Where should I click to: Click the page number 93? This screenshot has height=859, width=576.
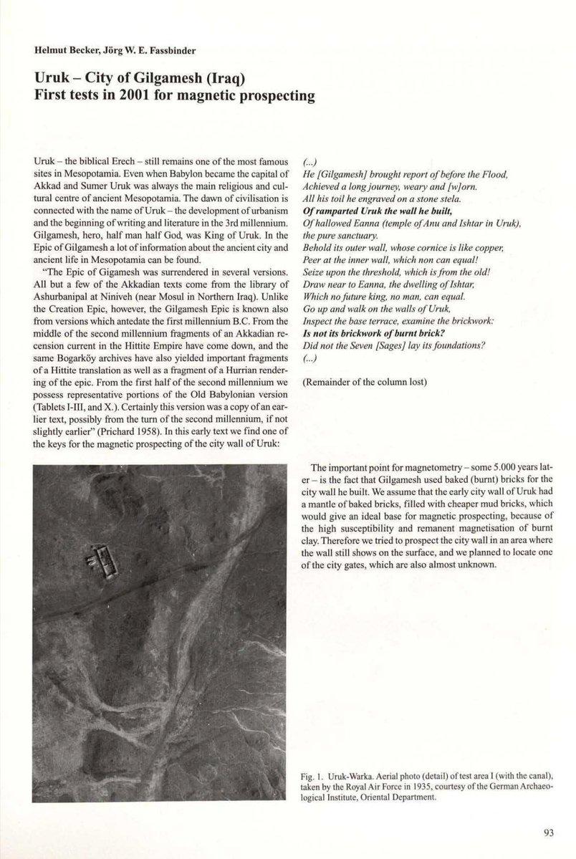[549, 832]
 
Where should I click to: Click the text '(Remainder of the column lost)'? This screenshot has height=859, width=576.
[365, 381]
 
